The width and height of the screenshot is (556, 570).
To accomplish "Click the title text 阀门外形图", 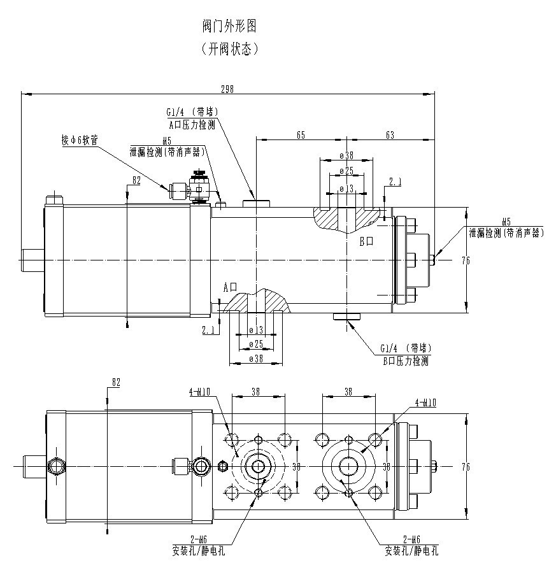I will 229,27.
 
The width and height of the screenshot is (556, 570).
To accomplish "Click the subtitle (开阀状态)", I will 229,49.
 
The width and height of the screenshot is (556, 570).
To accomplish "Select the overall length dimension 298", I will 227,89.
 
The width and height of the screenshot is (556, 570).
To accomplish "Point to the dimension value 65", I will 301,134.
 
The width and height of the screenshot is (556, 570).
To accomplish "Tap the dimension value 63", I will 390,134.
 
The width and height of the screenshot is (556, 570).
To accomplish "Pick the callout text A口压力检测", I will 191,125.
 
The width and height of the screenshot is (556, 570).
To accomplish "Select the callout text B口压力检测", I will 405,360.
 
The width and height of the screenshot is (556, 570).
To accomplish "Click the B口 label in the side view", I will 366,241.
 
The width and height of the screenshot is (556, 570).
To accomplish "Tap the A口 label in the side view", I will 230,287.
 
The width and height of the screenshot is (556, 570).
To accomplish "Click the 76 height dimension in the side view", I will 466,259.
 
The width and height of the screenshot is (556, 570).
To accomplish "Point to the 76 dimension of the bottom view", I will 466,467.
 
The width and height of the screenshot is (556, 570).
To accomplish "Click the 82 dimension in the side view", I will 136,181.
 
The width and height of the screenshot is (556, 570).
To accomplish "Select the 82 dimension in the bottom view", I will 115,382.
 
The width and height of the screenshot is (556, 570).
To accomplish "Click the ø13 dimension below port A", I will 255,330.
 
